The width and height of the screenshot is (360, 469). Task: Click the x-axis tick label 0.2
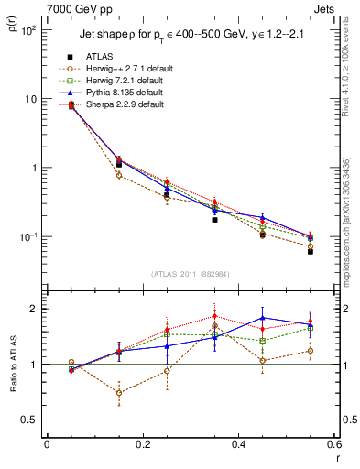coord(142,444)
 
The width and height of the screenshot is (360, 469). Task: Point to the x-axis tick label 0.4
coord(238,444)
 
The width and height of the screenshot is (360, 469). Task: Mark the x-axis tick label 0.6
coord(333,444)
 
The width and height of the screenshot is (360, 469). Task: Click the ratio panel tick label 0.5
coord(30,420)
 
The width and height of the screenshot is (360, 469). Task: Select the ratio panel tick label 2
coord(35,309)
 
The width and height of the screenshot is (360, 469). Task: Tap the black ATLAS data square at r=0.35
coord(214,220)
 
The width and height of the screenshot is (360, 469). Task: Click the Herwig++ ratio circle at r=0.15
coord(118,392)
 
